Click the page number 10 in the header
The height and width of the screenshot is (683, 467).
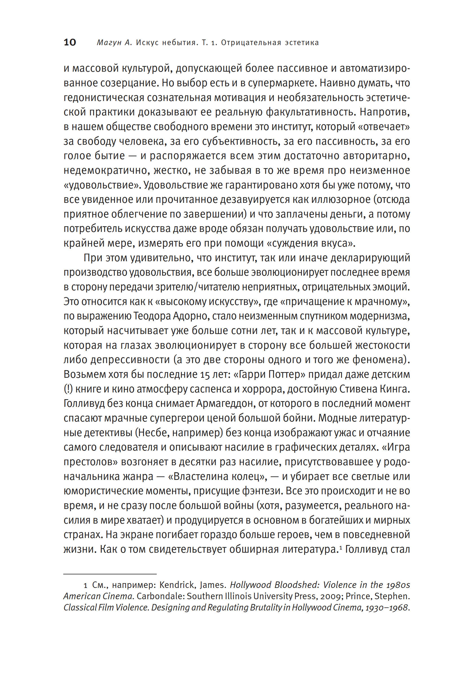coord(70,42)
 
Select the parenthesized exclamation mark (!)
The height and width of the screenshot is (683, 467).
coord(68,389)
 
